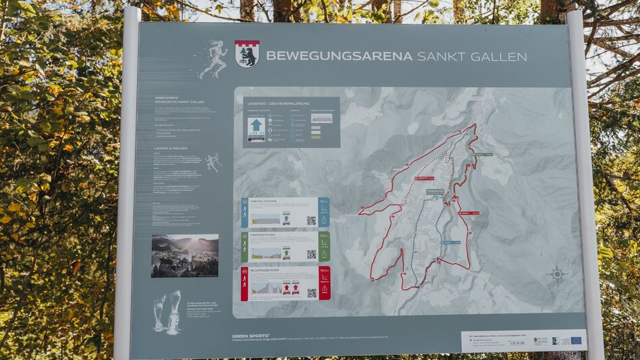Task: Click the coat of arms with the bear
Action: tap(247, 54)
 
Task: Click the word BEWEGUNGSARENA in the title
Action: tap(339, 56)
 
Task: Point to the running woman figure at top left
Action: tap(215, 59)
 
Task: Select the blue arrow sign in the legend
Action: tap(257, 126)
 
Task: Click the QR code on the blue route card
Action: tap(311, 220)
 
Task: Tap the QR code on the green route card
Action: tap(311, 254)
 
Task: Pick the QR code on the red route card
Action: tap(311, 292)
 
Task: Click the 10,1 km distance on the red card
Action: tap(324, 271)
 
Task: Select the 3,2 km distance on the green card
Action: tap(324, 236)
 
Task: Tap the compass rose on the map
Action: tap(557, 274)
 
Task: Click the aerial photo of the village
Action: tap(184, 256)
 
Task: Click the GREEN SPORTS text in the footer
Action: tap(250, 336)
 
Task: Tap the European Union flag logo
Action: tap(575, 340)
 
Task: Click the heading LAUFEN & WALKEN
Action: tap(171, 149)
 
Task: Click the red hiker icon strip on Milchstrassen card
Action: tap(244, 284)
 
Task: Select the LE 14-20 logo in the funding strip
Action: tap(518, 342)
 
